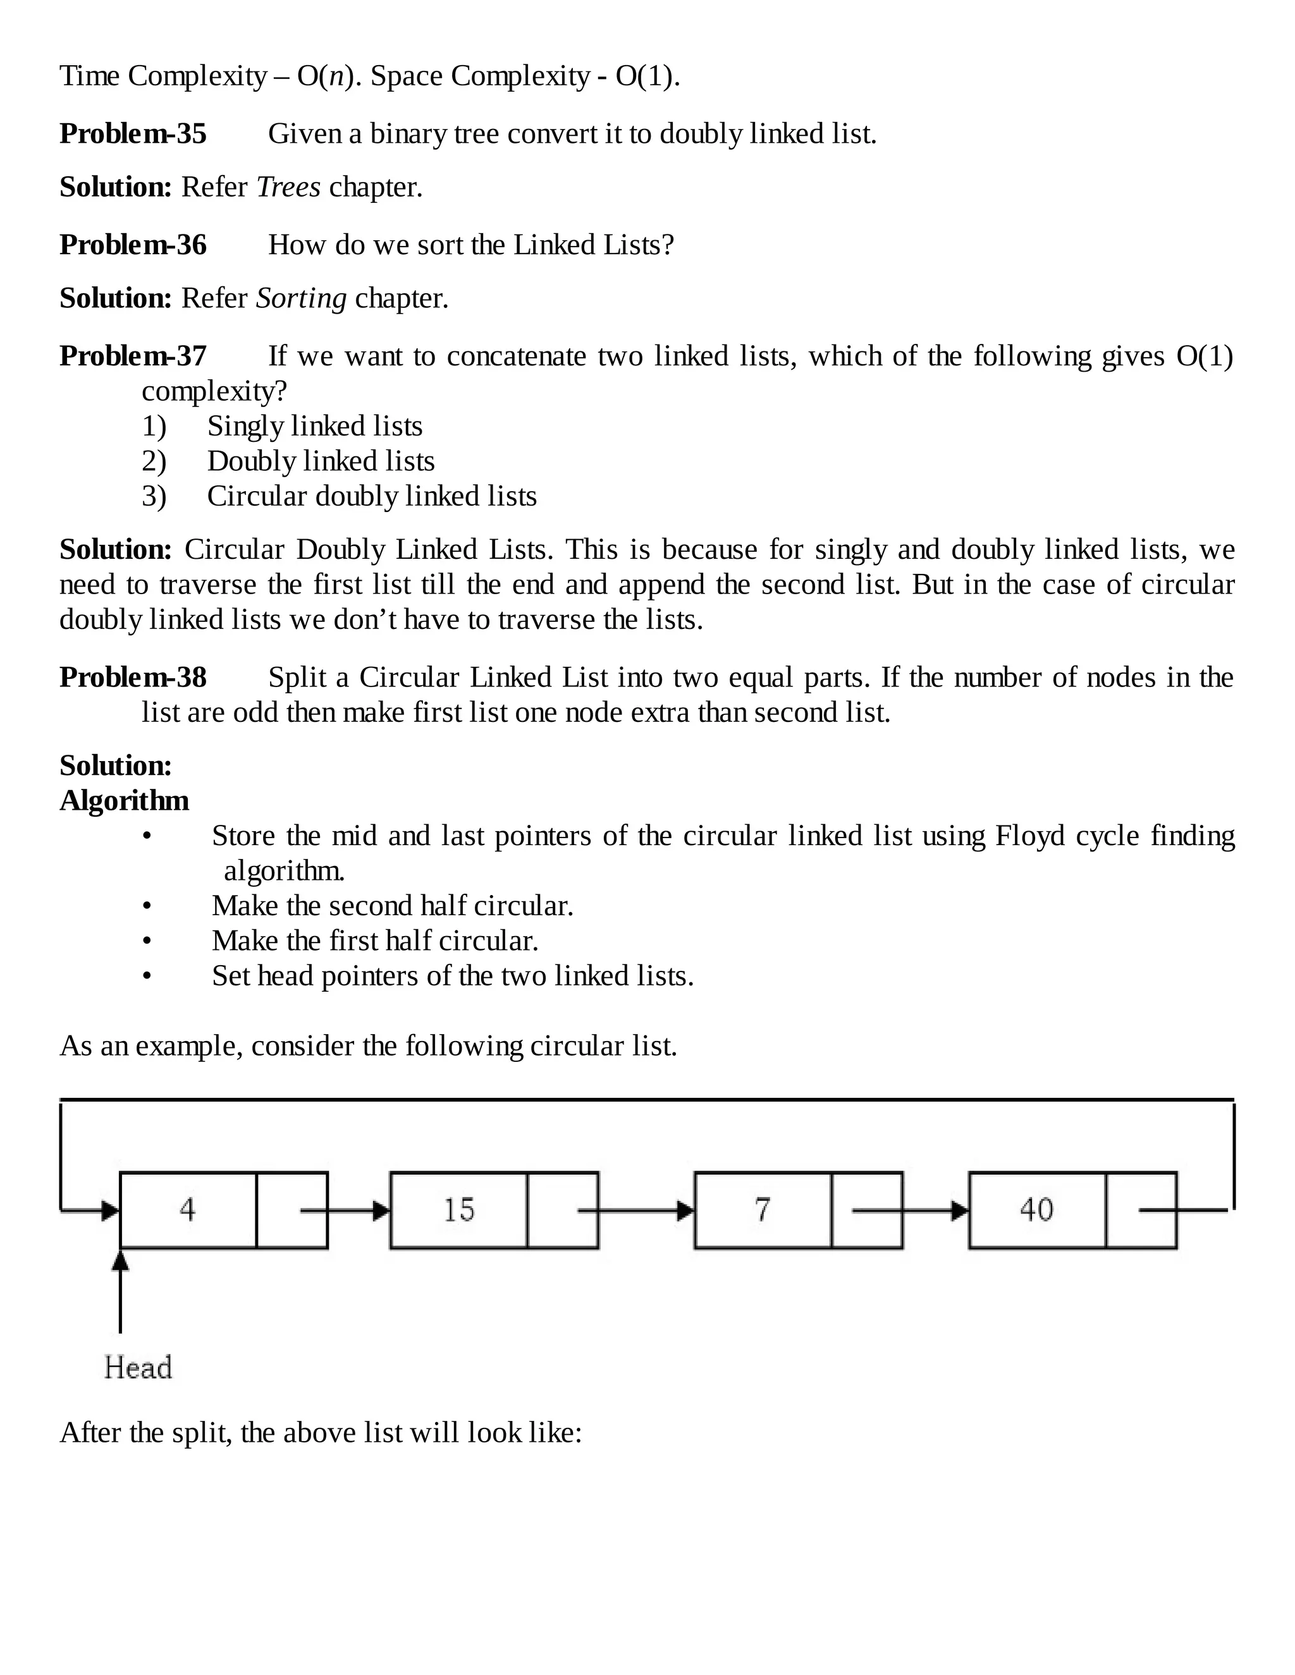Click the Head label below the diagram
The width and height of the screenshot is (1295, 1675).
click(x=138, y=1367)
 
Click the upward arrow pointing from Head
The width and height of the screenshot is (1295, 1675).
click(x=120, y=1296)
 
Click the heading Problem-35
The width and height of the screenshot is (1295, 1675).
click(x=133, y=134)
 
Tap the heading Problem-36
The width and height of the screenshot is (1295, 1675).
click(x=133, y=245)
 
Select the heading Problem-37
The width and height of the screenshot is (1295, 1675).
click(x=133, y=356)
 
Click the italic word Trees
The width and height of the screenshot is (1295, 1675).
click(x=288, y=187)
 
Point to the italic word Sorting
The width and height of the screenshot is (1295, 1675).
click(x=301, y=298)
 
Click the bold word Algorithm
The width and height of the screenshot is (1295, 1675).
click(x=125, y=801)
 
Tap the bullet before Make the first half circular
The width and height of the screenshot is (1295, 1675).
click(x=147, y=941)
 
